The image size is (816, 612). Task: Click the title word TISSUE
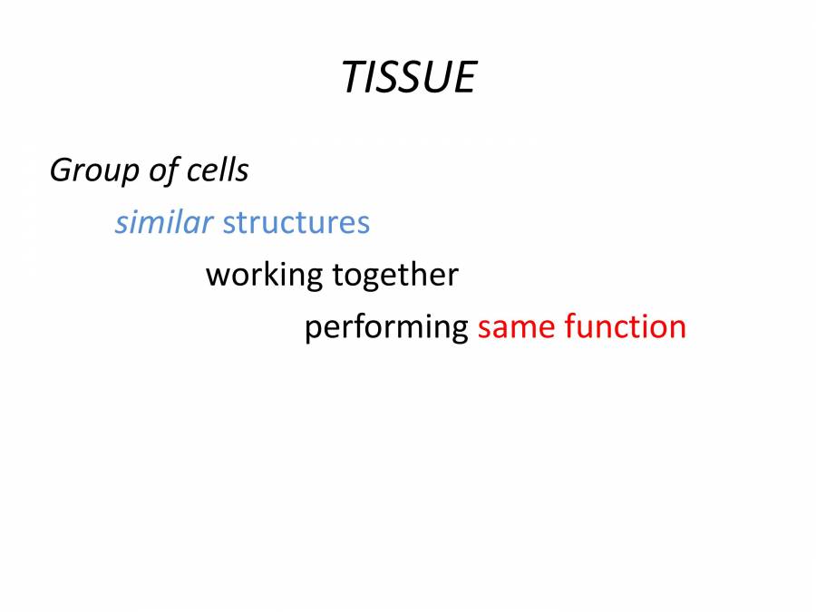[408, 77]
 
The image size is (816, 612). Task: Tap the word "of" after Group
[164, 170]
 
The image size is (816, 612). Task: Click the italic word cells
[217, 170]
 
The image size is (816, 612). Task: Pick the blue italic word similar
[163, 222]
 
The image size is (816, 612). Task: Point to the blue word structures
[296, 222]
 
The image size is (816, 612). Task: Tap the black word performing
[385, 327]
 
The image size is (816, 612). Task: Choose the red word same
[517, 327]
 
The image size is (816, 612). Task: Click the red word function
[625, 326]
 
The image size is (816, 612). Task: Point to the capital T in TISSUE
[354, 77]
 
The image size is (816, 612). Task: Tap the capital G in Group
[62, 170]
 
